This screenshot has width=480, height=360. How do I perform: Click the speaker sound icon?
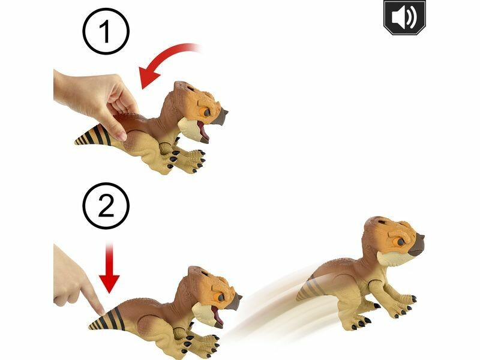click(404, 17)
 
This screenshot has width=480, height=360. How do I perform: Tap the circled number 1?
click(106, 32)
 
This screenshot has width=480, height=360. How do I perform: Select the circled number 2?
click(106, 206)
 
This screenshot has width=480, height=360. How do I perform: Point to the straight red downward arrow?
click(109, 267)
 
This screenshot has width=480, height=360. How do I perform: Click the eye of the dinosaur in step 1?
click(206, 112)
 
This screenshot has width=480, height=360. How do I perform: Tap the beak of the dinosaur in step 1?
click(220, 116)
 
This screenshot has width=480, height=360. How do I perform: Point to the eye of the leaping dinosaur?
click(401, 242)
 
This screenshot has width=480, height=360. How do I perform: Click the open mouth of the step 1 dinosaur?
click(203, 131)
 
